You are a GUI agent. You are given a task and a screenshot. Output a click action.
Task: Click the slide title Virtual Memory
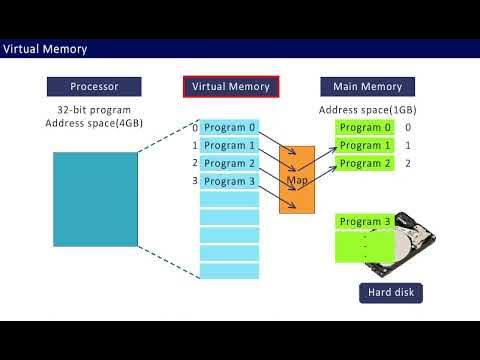click(45, 49)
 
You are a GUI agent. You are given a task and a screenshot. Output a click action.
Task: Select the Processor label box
click(95, 87)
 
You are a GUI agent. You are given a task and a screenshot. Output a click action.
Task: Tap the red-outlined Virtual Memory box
click(230, 87)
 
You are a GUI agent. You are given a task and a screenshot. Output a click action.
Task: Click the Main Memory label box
click(361, 87)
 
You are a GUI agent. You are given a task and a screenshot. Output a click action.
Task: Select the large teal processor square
click(95, 199)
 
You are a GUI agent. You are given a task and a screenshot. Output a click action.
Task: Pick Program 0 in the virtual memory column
click(229, 128)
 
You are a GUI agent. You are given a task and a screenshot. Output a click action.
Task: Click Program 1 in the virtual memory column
click(229, 146)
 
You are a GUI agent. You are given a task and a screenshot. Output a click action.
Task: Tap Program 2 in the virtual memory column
click(229, 164)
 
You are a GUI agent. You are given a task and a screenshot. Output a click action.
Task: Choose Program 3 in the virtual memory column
click(229, 182)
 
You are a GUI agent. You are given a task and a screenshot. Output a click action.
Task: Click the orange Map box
click(297, 181)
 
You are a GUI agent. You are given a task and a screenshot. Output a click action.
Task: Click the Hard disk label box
click(391, 293)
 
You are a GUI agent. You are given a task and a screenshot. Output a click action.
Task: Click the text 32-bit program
click(95, 109)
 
